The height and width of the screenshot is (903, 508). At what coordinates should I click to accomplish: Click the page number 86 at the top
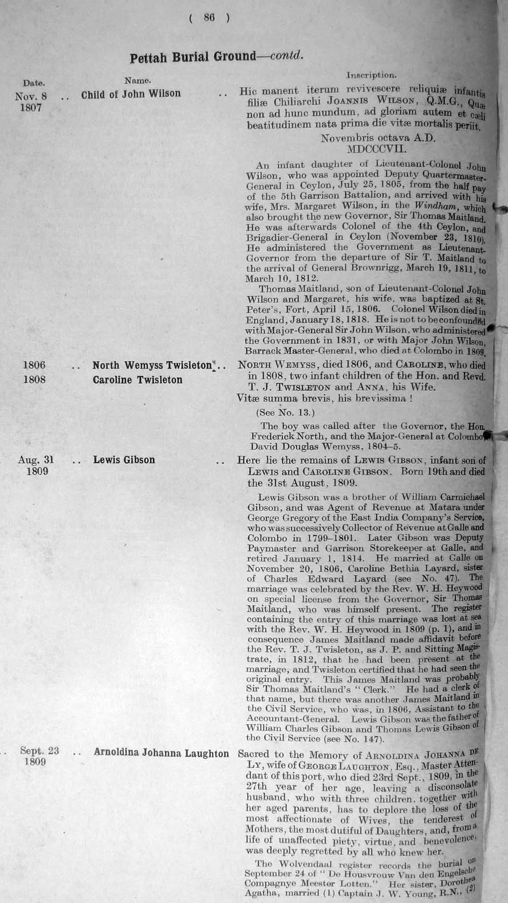coord(208,18)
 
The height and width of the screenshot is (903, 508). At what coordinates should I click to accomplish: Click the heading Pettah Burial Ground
coord(192,56)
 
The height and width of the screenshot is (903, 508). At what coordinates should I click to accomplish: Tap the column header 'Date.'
coord(34,83)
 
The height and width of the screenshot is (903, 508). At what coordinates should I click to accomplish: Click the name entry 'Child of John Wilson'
coord(131,93)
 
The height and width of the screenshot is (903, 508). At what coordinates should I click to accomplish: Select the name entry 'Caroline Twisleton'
coord(137,380)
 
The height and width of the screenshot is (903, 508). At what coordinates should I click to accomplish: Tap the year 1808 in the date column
coord(34,380)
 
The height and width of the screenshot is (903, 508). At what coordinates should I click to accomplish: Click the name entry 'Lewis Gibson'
coord(124,460)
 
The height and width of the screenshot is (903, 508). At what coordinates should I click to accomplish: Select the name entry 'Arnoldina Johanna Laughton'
coord(161,753)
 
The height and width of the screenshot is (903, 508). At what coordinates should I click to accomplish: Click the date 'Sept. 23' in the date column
coord(40,751)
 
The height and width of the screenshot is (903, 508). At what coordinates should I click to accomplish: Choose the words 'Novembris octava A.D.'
coord(378,138)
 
